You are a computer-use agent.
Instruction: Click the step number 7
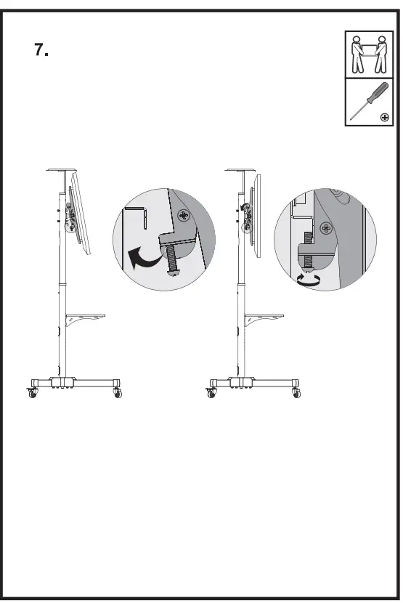(41, 50)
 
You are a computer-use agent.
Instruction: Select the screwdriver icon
(362, 101)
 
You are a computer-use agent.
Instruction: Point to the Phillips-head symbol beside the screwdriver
(385, 116)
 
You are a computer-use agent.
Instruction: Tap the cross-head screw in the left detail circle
(182, 216)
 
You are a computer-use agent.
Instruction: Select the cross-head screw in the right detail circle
(327, 230)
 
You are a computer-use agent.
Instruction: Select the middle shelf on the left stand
(86, 317)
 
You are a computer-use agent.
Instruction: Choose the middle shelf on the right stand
(264, 317)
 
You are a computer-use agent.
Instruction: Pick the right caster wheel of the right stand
(296, 392)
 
